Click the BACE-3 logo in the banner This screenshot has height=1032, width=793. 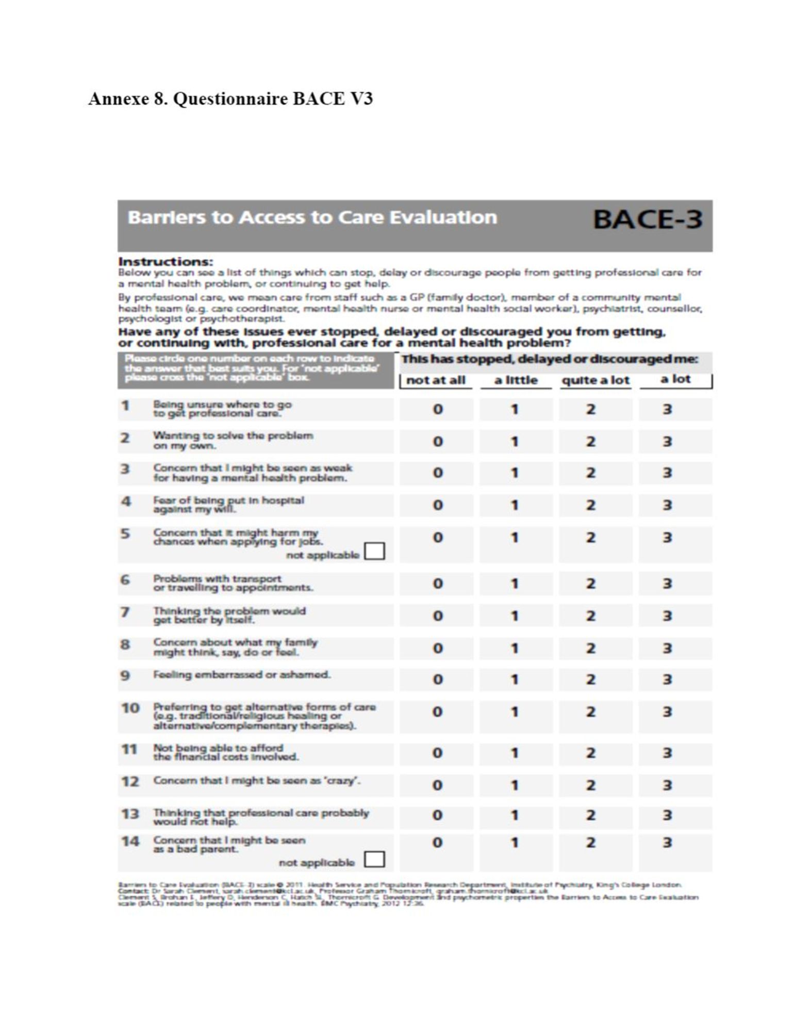(x=647, y=219)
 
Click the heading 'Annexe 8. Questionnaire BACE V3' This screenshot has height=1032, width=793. (x=230, y=99)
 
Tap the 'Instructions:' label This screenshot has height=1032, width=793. (x=166, y=262)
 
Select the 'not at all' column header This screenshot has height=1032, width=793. (x=436, y=381)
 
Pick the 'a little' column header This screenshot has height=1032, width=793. (x=516, y=381)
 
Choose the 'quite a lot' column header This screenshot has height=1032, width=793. (x=596, y=381)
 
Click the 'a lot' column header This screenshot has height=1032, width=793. (x=675, y=380)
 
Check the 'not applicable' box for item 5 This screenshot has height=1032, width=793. (x=374, y=552)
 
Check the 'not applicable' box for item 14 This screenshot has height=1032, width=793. (x=374, y=860)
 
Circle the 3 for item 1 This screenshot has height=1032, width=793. (x=667, y=410)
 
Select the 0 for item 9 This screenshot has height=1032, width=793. (x=437, y=680)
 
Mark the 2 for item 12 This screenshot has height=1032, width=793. (x=591, y=785)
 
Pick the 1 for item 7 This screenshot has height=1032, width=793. (x=514, y=616)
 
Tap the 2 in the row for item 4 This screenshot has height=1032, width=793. (x=591, y=505)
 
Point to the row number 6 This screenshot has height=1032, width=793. (x=125, y=580)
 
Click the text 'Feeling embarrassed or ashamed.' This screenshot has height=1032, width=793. (x=242, y=675)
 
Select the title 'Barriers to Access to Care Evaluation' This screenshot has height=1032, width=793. (x=312, y=218)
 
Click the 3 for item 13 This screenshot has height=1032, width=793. (x=667, y=816)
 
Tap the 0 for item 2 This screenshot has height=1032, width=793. (x=437, y=442)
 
